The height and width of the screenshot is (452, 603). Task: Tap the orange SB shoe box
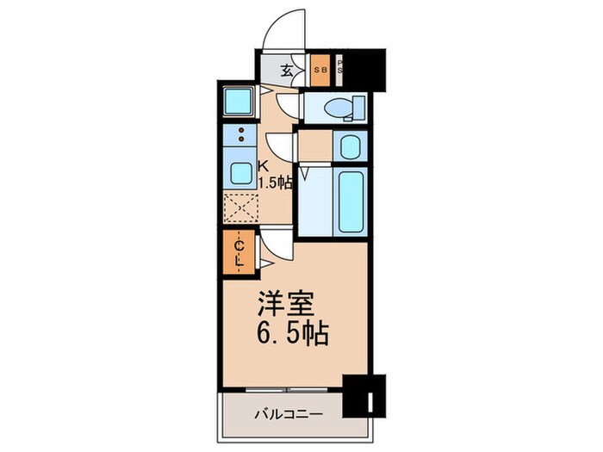320,70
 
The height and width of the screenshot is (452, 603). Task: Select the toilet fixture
341,108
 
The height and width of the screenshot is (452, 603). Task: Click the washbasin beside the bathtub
350,146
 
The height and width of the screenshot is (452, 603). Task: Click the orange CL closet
240,253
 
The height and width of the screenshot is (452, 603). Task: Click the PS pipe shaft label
339,70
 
